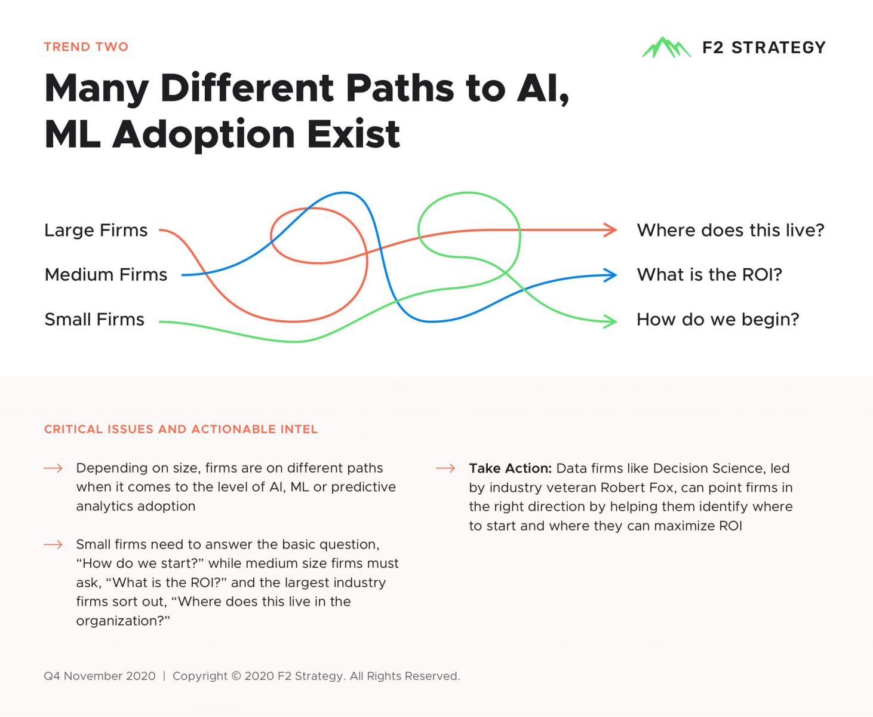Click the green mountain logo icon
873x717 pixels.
click(x=666, y=47)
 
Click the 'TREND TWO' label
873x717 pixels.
click(x=86, y=47)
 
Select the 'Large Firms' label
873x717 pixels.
click(x=96, y=230)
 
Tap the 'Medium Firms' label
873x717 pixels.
click(x=106, y=275)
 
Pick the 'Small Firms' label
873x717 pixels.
click(x=94, y=319)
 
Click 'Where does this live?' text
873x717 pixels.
click(x=731, y=230)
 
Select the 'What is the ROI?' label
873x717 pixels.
click(x=709, y=275)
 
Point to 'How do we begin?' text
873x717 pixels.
click(x=718, y=319)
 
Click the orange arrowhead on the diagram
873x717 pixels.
click(x=610, y=230)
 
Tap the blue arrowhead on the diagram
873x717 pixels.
click(x=610, y=275)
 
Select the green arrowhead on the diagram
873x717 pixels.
click(x=610, y=321)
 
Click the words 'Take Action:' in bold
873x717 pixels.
click(x=510, y=468)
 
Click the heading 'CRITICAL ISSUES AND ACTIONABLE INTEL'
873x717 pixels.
click(x=181, y=429)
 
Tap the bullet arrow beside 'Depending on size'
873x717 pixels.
click(x=53, y=468)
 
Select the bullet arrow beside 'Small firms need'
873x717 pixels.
click(x=53, y=544)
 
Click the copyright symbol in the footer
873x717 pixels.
click(x=236, y=676)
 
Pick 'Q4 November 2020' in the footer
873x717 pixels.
click(x=100, y=676)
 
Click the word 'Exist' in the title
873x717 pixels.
click(x=353, y=134)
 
